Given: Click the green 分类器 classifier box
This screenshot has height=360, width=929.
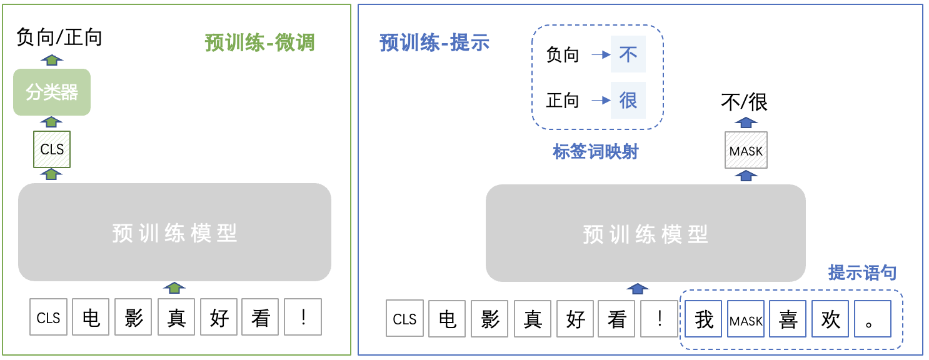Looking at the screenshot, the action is tap(52, 92).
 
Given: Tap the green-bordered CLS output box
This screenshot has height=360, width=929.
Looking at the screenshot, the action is tap(52, 149).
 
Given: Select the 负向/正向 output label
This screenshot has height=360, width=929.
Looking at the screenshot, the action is tap(59, 37).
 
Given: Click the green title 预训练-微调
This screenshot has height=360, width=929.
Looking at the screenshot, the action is tap(259, 42).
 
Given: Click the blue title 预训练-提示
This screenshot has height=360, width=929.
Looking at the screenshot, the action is tap(434, 42).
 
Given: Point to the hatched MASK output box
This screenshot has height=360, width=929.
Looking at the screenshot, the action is tap(746, 150).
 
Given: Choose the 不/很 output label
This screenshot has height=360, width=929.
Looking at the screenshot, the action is tap(744, 102).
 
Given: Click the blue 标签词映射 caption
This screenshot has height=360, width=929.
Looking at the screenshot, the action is tap(595, 151).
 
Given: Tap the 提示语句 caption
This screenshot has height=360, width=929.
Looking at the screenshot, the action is tap(862, 272).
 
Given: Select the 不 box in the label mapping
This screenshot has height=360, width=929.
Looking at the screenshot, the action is tap(628, 54).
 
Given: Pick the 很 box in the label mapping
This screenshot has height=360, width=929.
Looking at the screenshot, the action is tap(628, 100).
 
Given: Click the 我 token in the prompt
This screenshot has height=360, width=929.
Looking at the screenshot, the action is tap(704, 319).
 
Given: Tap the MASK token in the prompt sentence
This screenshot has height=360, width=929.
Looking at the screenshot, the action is tap(746, 319).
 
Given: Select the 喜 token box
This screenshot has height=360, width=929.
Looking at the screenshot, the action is tap(788, 319).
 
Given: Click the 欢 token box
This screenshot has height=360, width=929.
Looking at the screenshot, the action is tap(830, 319).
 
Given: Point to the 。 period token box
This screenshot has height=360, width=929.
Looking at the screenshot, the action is tap(872, 319).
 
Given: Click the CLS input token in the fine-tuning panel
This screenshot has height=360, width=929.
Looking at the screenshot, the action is tap(48, 317).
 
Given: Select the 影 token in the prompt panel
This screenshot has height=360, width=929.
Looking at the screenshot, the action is tap(490, 319).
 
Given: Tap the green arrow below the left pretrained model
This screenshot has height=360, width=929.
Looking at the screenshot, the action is tap(174, 287).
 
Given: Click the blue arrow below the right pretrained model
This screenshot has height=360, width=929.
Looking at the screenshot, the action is tap(638, 288).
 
